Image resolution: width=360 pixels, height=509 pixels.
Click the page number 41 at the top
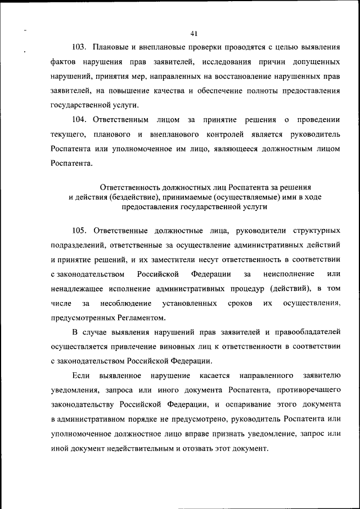pyautogui.click(x=194, y=33)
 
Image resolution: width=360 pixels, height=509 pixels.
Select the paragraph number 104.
pyautogui.click(x=82, y=119)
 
